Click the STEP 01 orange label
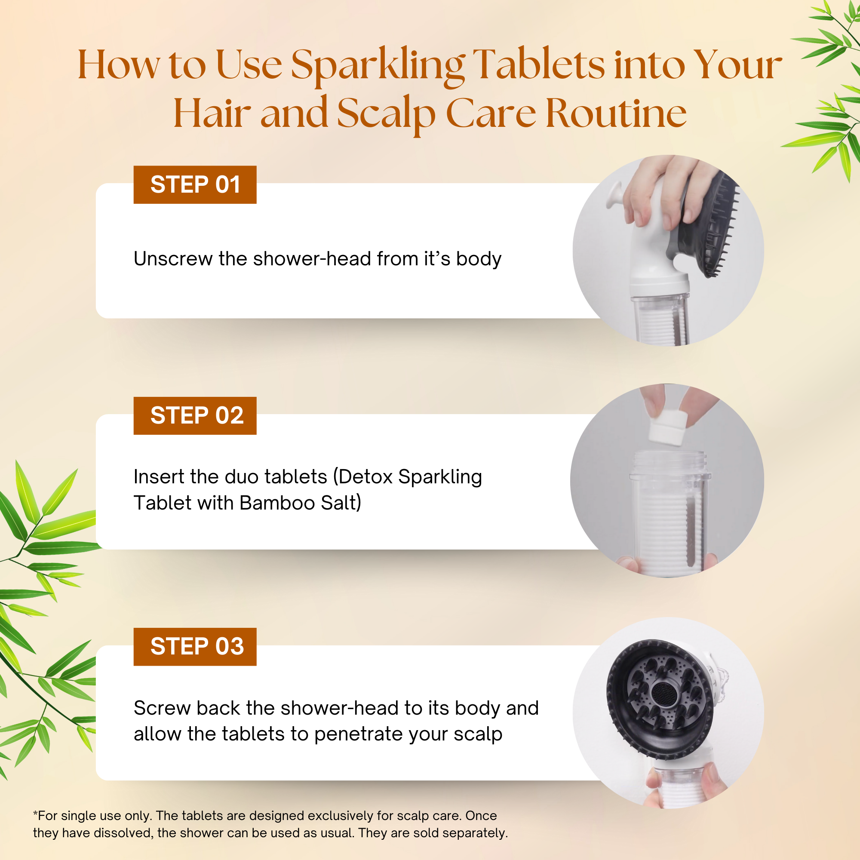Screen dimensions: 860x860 195,185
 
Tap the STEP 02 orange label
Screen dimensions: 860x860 195,416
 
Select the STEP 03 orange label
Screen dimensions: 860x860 195,647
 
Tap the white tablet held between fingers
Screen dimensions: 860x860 667,429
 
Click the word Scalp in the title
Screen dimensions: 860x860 386,114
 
